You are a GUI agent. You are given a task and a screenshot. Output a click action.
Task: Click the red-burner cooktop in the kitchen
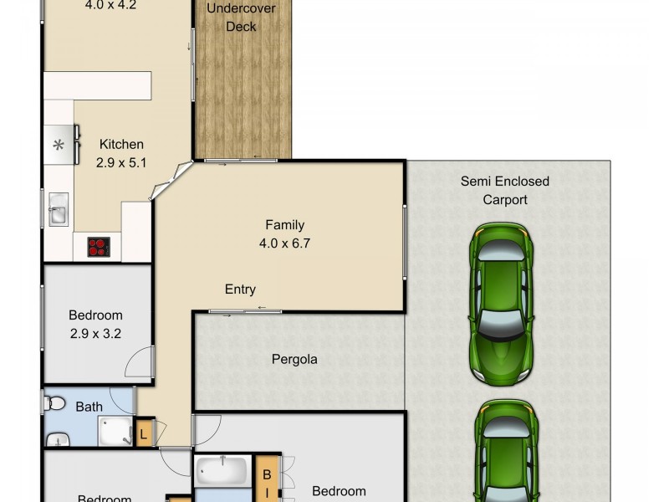point(99,247)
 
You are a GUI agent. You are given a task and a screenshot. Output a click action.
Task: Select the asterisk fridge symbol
point(59,145)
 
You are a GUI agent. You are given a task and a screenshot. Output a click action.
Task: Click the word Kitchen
point(121,144)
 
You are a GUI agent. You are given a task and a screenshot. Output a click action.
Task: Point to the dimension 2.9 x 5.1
point(121,162)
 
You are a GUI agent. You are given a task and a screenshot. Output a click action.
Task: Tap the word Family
point(284,224)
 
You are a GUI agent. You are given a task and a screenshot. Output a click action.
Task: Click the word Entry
point(240,289)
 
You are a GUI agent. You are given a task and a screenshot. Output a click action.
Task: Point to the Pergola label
point(294,360)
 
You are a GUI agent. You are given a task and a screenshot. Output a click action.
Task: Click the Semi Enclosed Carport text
point(505,190)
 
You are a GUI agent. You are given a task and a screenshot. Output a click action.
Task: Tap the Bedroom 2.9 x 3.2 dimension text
point(95,334)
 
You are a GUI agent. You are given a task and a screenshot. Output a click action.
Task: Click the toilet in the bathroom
point(54,403)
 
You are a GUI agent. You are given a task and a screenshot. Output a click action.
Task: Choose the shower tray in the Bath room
point(115,431)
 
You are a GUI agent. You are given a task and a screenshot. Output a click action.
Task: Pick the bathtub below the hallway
point(222,471)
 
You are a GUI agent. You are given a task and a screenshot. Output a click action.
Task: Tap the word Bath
point(89,407)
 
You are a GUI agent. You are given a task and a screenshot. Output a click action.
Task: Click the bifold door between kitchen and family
point(172,180)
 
